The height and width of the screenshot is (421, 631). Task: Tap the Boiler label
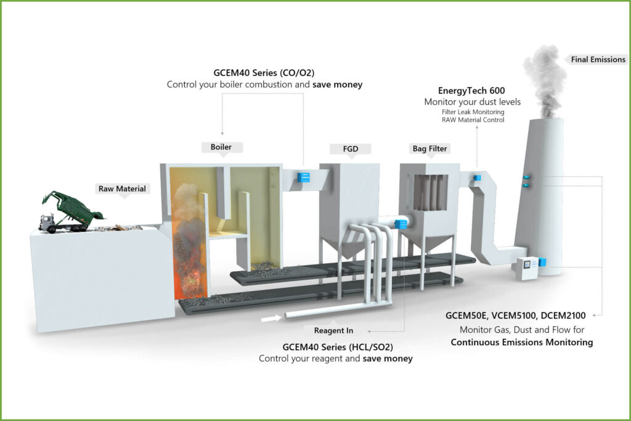pos(222,147)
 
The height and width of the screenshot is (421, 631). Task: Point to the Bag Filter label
pos(429,149)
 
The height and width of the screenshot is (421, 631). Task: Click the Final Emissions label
pos(598,60)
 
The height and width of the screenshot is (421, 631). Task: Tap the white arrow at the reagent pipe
pos(269,318)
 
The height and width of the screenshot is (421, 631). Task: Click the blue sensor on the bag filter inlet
pos(401,224)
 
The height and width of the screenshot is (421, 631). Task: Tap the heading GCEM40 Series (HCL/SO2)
pos(335,348)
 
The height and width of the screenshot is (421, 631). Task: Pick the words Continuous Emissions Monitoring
pos(522,342)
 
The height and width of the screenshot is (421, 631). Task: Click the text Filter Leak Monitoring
pos(473,112)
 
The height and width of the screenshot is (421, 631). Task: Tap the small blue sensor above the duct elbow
pos(477,178)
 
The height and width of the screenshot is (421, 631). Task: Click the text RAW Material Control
pos(473,120)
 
